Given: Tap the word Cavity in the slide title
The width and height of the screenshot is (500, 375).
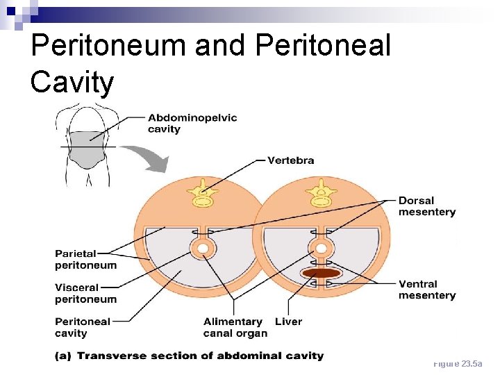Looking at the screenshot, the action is (x=72, y=82).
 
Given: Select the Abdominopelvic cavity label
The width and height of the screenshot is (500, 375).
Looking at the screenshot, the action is (x=192, y=123).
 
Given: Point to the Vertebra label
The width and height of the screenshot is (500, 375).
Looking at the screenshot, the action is (x=290, y=160).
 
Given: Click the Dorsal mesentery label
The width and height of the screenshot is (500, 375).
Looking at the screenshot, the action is (x=426, y=206).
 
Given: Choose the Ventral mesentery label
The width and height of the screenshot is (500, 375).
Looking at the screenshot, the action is (x=426, y=290).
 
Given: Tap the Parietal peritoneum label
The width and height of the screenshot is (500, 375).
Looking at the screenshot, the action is (x=86, y=259).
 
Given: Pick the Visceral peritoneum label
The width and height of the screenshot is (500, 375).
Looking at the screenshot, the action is (x=86, y=293).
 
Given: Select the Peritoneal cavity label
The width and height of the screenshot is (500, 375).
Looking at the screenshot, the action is (x=83, y=327).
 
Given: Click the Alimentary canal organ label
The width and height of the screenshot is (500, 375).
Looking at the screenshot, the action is (x=235, y=327).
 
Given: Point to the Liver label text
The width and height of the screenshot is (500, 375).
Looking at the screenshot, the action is (x=288, y=322).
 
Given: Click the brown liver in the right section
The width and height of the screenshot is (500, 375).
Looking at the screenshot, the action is (x=321, y=274).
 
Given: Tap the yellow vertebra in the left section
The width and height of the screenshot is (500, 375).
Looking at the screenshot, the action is (x=203, y=193).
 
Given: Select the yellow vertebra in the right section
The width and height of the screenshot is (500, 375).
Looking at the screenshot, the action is (x=321, y=193).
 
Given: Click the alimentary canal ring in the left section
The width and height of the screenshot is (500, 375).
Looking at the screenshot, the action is (x=203, y=248).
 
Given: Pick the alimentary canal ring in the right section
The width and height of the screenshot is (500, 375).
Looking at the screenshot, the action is (x=321, y=248).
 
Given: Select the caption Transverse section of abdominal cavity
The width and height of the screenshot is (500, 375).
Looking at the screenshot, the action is (x=200, y=356).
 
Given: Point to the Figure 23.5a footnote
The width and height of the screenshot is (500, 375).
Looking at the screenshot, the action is (x=462, y=364).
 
